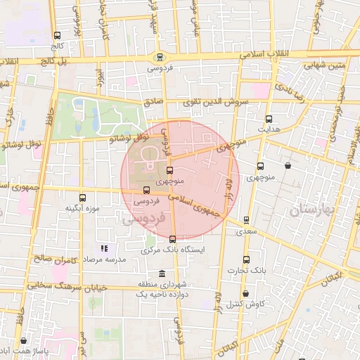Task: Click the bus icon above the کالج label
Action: point(57,35)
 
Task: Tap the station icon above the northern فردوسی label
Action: point(160,57)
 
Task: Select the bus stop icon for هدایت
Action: point(269,119)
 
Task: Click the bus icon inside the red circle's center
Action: point(169,170)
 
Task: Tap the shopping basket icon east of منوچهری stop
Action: point(288,166)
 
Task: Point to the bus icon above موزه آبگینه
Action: point(84,198)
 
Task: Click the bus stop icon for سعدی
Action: point(245,220)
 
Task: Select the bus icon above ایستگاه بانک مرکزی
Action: point(173,239)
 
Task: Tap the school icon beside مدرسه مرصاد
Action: point(104,248)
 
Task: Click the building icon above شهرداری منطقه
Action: point(162,274)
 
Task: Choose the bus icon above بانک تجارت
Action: point(245,259)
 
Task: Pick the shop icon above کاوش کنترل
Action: point(245,293)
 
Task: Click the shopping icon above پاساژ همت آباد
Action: point(24,341)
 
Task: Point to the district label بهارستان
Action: point(309,209)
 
